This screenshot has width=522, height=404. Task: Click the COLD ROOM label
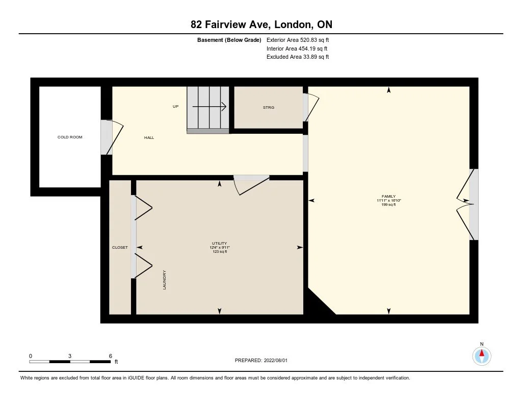click(x=70, y=137)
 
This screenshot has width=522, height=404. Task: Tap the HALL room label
click(x=149, y=137)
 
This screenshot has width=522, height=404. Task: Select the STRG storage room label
click(x=269, y=107)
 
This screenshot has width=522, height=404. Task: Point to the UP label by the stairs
click(x=175, y=106)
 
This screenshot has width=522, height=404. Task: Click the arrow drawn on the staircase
click(x=210, y=107)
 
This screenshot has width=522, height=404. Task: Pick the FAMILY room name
click(x=388, y=197)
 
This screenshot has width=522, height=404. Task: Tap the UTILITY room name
click(x=219, y=243)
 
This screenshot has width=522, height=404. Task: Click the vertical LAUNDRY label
click(x=164, y=279)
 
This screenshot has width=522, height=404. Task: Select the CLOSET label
click(x=120, y=248)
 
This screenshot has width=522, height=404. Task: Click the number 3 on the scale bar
click(x=69, y=356)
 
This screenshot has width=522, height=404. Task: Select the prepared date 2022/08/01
click(x=276, y=360)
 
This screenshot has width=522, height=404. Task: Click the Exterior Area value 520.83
click(x=308, y=40)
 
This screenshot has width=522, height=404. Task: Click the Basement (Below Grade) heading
click(x=229, y=40)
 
